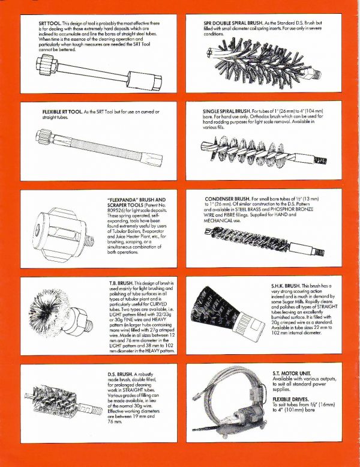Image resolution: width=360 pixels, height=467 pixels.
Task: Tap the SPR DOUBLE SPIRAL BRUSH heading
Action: pos(241,22)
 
